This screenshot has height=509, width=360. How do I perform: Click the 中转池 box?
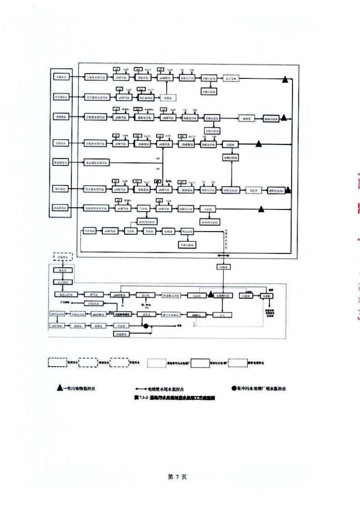coord(224,267)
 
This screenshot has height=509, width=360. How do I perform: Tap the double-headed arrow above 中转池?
coord(224,256)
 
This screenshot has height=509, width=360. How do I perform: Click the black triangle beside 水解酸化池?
coord(211,295)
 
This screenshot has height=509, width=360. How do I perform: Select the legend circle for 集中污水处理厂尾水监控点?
coord(234,388)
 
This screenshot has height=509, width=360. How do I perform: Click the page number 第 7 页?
coord(180,477)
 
